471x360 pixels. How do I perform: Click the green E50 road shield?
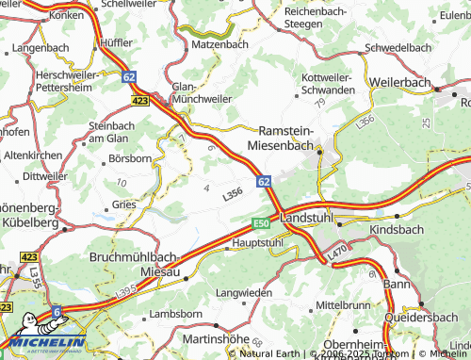[261, 223]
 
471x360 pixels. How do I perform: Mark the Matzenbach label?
[219, 43]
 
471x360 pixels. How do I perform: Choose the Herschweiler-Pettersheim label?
[65, 79]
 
